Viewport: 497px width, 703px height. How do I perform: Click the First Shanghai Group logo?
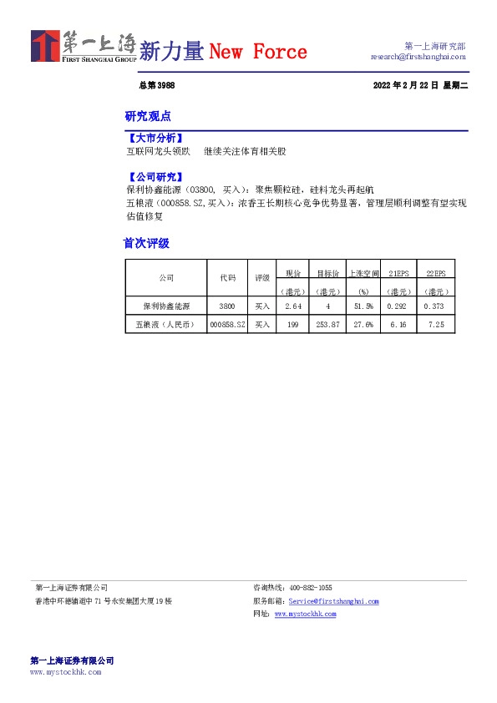84,47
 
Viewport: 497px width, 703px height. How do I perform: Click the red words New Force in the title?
258,52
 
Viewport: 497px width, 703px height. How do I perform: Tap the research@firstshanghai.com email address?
418,57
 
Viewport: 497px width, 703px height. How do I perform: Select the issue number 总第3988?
156,86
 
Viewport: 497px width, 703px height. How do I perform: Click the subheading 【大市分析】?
154,138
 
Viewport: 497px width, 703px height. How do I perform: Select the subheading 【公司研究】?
154,177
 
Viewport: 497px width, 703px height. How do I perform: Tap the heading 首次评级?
147,243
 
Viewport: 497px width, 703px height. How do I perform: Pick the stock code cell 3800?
228,307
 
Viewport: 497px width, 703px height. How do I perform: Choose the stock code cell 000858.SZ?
228,324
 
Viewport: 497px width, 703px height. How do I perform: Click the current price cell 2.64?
292,307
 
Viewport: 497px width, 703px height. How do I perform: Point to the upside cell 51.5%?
363,307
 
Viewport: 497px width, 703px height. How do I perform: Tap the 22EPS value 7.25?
435,324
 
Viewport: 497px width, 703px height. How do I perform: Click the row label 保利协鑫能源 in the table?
166,307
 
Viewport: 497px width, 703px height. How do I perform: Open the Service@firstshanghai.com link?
333,601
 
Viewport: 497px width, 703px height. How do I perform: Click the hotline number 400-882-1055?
310,588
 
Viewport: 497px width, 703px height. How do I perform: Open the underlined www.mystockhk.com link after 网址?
305,614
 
